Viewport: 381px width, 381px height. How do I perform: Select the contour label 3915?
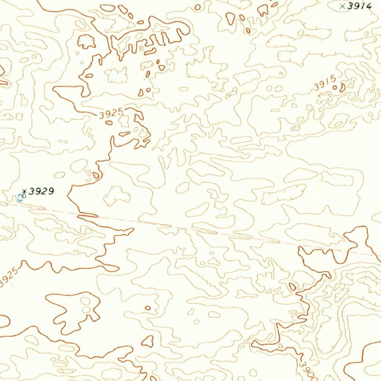[325, 83]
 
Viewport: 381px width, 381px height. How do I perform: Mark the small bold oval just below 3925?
[109, 122]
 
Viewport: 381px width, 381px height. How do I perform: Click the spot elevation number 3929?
[41, 192]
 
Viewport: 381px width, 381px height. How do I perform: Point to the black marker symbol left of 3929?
[25, 192]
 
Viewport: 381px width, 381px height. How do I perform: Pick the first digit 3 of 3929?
[31, 192]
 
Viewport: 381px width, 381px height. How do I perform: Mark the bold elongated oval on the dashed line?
[88, 215]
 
